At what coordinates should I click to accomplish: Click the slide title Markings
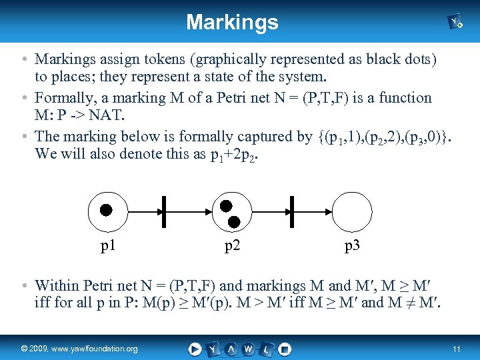232,22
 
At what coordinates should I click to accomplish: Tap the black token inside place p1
106,210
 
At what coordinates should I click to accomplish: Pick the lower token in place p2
234,220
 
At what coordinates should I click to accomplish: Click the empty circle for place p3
351,211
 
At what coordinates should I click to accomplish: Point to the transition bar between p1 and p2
163,211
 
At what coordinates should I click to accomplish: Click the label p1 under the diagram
108,246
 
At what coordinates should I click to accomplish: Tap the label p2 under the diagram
232,246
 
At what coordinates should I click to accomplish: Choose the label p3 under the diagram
352,246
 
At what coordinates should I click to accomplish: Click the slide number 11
456,349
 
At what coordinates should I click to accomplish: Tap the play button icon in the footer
194,349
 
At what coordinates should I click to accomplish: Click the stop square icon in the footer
285,349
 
